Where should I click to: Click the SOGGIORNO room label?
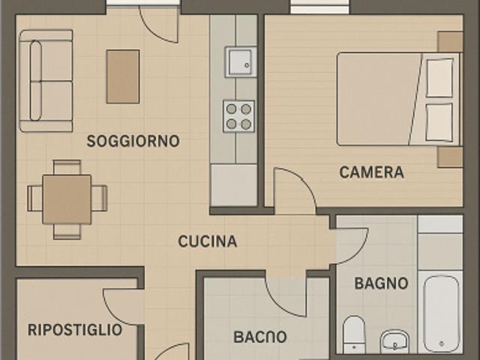point(133,141)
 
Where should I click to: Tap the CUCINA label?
point(207,241)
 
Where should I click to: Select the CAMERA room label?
point(371,172)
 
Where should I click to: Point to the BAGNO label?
point(381,283)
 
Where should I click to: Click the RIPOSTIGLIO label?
point(74,329)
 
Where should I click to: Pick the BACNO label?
point(259,337)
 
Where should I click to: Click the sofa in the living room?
point(45,80)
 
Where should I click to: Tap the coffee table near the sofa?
point(123,76)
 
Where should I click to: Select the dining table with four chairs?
point(67,199)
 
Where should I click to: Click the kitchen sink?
point(239,61)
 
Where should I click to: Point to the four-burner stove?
point(238,116)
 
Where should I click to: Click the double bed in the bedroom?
point(394,99)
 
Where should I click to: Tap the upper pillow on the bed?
point(439,77)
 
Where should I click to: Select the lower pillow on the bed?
point(439,121)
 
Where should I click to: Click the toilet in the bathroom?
point(353,333)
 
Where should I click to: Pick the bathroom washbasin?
point(394,341)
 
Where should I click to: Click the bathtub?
point(440,313)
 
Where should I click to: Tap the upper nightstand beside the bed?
point(450,41)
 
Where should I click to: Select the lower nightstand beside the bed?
point(450,157)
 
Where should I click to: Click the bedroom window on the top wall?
point(319,7)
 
